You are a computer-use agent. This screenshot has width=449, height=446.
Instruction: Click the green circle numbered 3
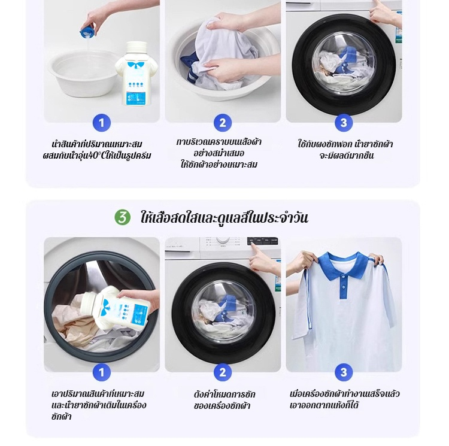[122, 217]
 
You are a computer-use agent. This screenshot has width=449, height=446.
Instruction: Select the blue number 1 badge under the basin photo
[101, 123]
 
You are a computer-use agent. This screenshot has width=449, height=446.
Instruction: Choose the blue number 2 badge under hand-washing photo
[223, 123]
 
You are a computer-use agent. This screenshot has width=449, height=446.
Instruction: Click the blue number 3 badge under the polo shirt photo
[344, 372]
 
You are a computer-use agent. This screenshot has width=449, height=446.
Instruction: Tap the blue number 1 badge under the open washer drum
[101, 372]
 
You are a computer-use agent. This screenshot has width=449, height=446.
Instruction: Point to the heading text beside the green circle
[224, 217]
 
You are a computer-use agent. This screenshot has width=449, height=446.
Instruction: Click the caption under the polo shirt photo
[344, 399]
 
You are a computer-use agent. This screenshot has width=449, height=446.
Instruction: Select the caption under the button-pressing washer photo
[224, 400]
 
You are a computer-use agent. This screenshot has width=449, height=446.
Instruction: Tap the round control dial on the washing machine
[223, 240]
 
